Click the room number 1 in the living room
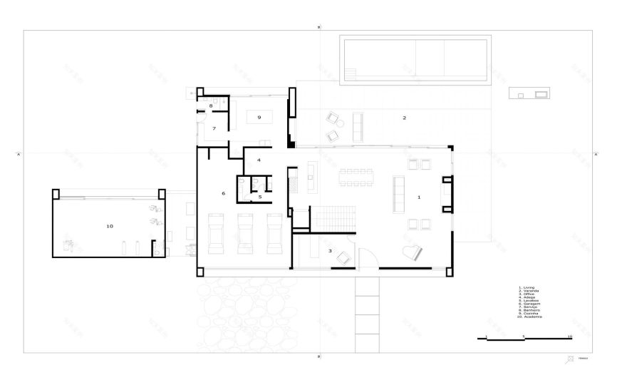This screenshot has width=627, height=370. point(419,196)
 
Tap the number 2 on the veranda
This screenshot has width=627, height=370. point(404,118)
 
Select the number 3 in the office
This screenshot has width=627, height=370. point(330,251)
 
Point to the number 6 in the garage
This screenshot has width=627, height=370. point(223,193)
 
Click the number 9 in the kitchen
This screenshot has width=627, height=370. point(259,117)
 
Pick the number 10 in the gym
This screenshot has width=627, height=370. point(109,226)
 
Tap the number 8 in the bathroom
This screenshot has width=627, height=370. point(211,106)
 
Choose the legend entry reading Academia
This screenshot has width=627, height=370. point(531,316)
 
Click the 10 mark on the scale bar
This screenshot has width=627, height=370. point(569,335)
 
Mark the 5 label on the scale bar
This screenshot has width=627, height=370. point(524,335)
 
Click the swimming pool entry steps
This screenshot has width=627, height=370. point(351,73)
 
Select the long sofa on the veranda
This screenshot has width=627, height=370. point(358,126)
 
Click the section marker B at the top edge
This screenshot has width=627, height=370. point(319,26)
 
